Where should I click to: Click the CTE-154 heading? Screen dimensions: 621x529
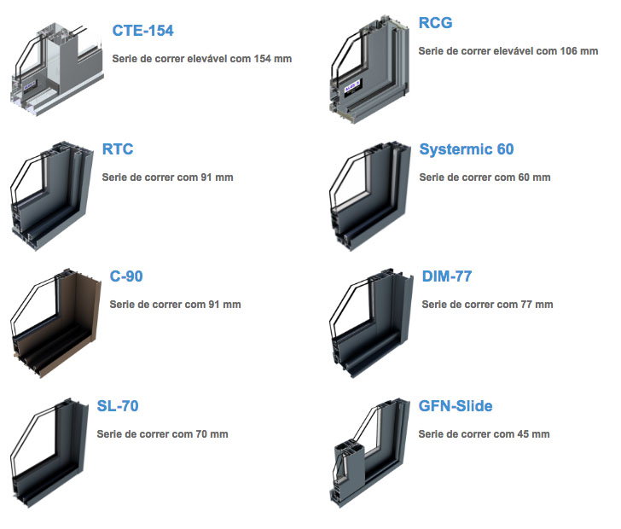click(143, 31)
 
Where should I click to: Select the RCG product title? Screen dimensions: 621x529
click(435, 22)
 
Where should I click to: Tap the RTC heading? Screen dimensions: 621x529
click(118, 149)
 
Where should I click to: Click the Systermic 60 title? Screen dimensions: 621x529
click(467, 149)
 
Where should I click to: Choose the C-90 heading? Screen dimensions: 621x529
click(126, 276)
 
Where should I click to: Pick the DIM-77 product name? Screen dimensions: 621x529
click(447, 276)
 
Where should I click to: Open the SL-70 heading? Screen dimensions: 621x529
click(118, 406)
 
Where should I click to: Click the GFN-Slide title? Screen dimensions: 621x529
click(456, 406)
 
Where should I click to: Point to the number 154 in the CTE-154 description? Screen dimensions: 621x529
click(262, 59)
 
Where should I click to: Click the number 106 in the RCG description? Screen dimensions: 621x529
click(568, 50)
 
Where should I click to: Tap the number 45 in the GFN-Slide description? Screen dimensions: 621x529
click(523, 434)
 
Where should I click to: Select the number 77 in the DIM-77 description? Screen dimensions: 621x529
click(526, 305)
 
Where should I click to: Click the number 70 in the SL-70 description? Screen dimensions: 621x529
click(201, 434)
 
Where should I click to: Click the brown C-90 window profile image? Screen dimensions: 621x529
click(55, 323)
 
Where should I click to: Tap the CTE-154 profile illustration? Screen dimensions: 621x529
click(57, 69)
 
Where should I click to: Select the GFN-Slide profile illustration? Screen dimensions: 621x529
click(369, 452)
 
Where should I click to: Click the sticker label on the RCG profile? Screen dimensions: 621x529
click(351, 86)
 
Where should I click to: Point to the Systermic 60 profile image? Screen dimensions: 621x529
click(369, 195)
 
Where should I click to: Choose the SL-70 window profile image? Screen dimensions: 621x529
click(49, 452)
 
